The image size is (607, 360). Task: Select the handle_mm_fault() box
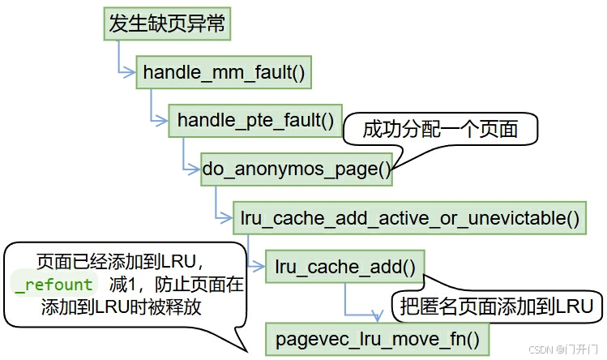pyautogui.click(x=224, y=73)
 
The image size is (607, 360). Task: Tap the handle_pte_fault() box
pyautogui.click(x=255, y=121)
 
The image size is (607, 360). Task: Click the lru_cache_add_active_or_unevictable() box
pyautogui.click(x=410, y=217)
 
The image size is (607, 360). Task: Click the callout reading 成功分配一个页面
pyautogui.click(x=439, y=130)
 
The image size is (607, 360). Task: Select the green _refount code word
pyautogui.click(x=54, y=285)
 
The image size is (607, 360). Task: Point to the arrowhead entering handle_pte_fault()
pyautogui.click(x=163, y=121)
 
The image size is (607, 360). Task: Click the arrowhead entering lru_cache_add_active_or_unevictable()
pyautogui.click(x=228, y=217)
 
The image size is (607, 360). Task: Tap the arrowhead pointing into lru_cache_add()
pyautogui.click(x=261, y=265)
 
